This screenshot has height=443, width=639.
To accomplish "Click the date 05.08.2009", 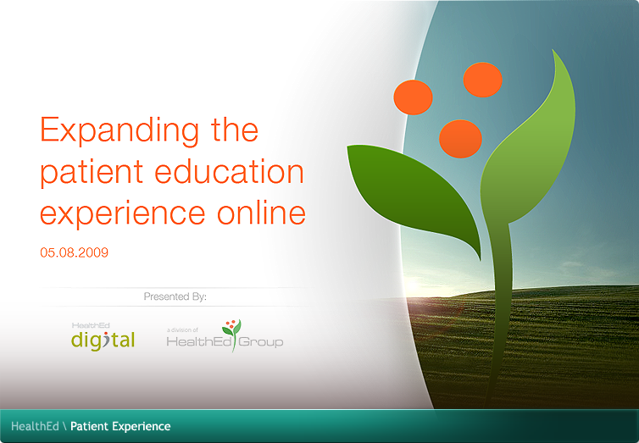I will (x=75, y=252).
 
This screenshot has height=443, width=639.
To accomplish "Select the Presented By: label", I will (x=175, y=296).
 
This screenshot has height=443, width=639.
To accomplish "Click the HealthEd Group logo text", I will (x=225, y=342).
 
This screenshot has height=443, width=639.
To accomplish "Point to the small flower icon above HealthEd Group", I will (x=231, y=325).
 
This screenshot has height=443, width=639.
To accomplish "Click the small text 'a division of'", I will (x=182, y=329).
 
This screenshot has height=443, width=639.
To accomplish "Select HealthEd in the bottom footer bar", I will (x=35, y=426).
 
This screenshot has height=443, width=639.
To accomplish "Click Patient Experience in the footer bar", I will (x=120, y=426).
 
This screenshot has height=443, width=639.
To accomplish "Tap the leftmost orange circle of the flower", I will (x=414, y=97).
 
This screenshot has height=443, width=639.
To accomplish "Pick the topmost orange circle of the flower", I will (x=483, y=80).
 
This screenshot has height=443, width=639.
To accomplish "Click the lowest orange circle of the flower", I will (x=461, y=138).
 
